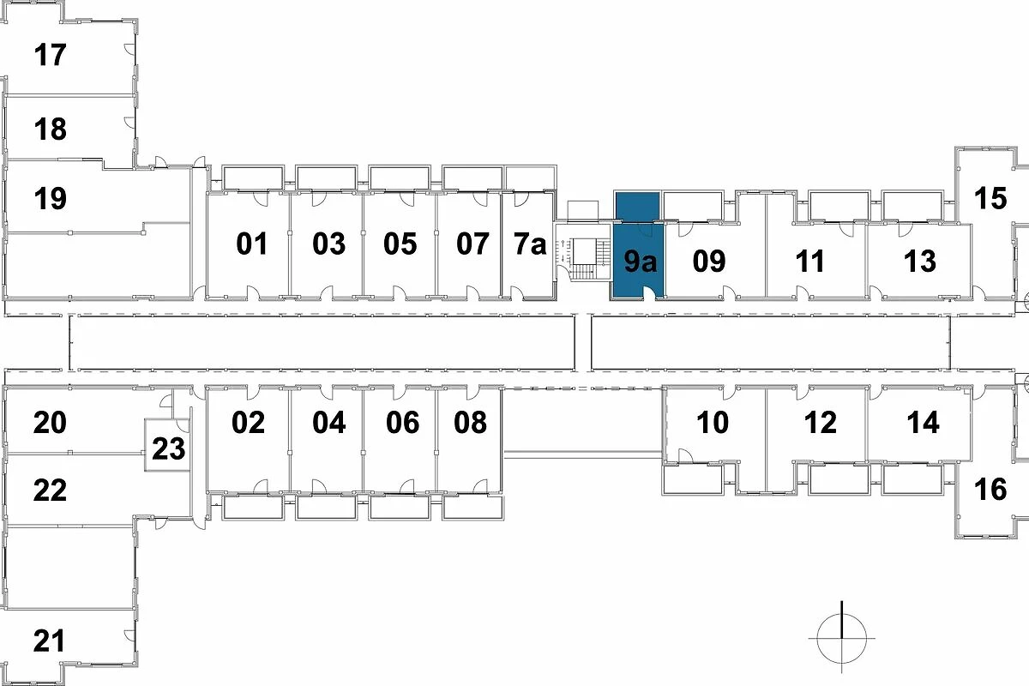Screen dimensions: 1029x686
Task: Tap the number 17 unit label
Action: click(50, 55)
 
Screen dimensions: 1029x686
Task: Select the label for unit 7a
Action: click(530, 244)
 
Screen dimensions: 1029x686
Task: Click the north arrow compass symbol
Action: click(841, 638)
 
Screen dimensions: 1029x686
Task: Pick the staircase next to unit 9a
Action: click(583, 259)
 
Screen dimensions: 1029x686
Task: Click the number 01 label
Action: click(251, 244)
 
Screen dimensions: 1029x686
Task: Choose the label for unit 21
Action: click(49, 641)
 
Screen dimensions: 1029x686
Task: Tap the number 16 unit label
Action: click(990, 490)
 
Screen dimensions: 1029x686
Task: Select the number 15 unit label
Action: click(990, 198)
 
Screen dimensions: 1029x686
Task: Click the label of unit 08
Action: click(470, 422)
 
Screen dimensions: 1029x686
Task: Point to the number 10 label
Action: click(713, 422)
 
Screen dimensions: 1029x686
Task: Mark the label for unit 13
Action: click(919, 261)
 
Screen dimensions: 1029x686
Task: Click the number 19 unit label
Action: click(50, 198)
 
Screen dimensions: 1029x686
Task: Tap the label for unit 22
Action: click(50, 490)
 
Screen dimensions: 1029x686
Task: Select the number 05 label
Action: click(400, 244)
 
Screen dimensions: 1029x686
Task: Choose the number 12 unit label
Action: click(821, 422)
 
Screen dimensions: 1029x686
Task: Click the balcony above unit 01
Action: click(253, 178)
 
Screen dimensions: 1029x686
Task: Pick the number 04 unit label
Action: click(329, 422)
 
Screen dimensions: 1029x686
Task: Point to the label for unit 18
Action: click(50, 129)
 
